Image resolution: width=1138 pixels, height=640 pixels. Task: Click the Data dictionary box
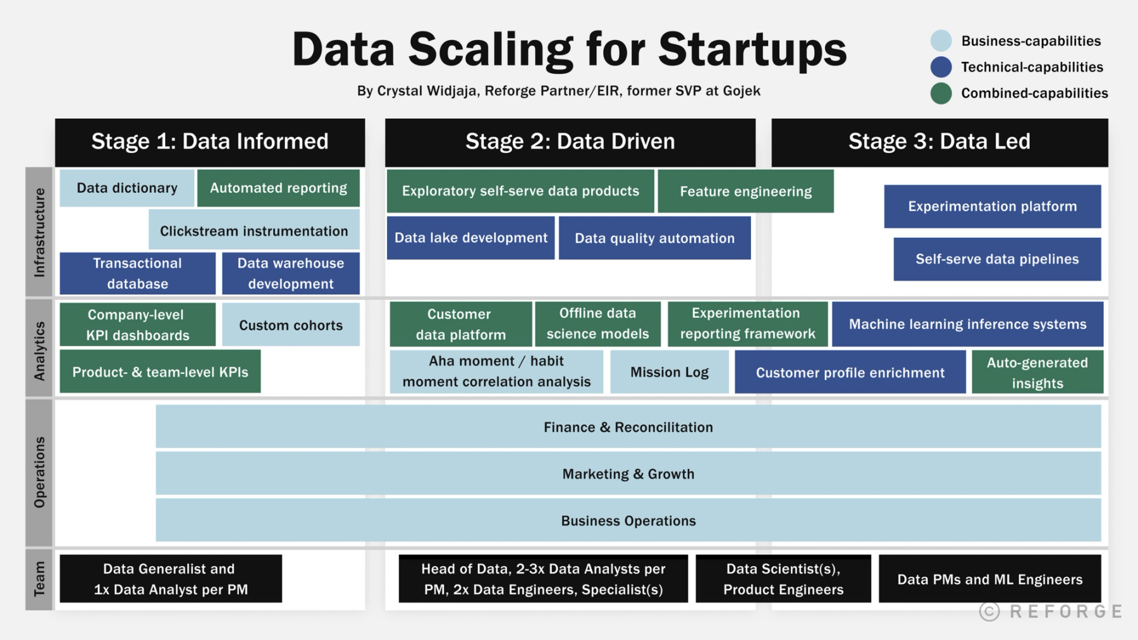pos(126,188)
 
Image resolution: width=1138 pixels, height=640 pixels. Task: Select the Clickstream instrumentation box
pos(254,231)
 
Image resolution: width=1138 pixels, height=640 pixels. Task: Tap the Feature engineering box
pos(745,191)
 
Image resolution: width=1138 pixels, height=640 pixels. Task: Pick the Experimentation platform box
pos(992,206)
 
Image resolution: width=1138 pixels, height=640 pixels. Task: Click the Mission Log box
pos(669,372)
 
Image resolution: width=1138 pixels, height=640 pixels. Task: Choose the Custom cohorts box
pos(290,325)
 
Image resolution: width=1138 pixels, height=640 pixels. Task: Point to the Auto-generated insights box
pos(1037,372)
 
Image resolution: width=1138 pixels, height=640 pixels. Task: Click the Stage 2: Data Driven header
pos(570,142)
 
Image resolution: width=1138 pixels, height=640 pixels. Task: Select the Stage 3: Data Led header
pos(939,142)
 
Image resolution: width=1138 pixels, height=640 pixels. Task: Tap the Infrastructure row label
pos(39,232)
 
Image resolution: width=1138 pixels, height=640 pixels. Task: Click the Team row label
pos(39,579)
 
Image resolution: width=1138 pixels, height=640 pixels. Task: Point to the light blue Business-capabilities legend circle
pos(941,41)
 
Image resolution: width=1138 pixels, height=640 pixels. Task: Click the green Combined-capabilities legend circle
pos(941,94)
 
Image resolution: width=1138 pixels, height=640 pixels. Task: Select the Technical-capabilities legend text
pos(1032,67)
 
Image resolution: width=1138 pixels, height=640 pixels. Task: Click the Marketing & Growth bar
pos(628,474)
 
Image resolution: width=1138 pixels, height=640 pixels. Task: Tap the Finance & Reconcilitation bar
pos(628,427)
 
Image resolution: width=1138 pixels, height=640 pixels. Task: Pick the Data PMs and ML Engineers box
pos(989,579)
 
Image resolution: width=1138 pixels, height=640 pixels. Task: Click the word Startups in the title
pos(752,49)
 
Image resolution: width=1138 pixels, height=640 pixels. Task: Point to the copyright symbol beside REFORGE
pos(989,612)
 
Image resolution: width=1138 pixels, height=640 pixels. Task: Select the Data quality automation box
pos(654,238)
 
